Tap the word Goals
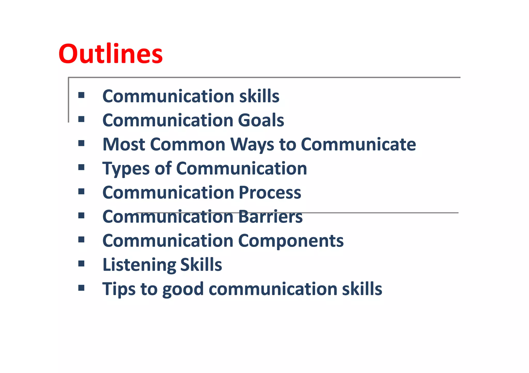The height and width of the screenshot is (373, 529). [261, 120]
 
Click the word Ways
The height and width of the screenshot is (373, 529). [252, 145]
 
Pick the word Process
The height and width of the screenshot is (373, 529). [270, 193]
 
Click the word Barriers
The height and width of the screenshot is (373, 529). [270, 217]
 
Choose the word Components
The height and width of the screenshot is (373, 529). [291, 241]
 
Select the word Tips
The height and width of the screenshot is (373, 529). [119, 289]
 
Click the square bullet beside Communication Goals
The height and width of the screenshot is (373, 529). [81, 119]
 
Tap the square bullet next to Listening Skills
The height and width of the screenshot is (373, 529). [81, 263]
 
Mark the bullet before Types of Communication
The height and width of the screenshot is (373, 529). [81, 167]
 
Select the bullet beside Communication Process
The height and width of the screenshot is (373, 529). [81, 191]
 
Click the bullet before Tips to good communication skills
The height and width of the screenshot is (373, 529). [81, 287]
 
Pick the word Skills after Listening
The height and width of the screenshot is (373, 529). [201, 265]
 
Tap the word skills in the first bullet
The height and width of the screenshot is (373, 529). [259, 96]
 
